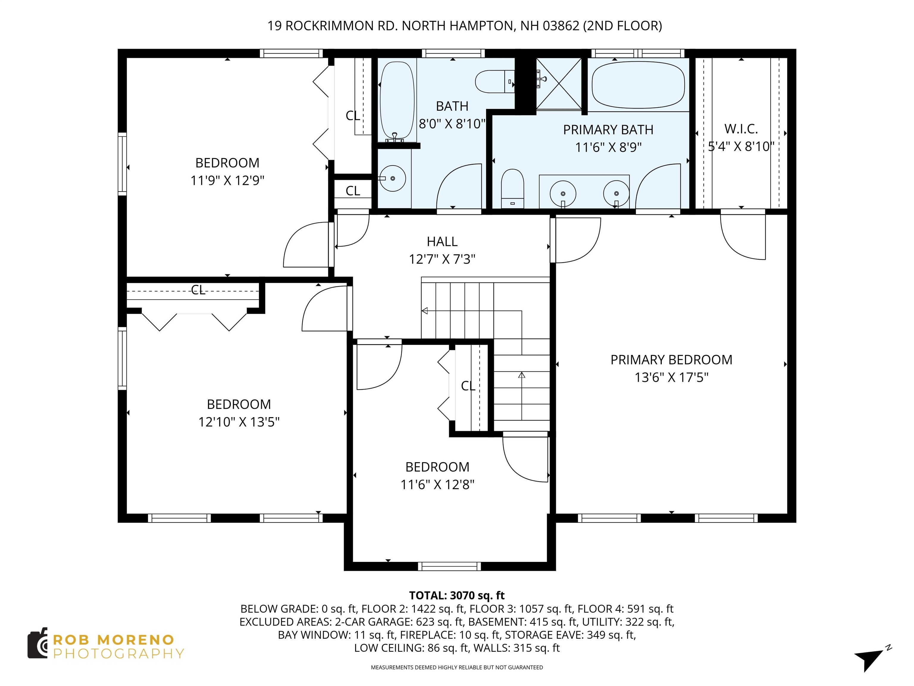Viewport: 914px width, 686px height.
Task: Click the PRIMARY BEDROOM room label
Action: (671, 360)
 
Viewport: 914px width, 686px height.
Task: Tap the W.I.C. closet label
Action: (741, 129)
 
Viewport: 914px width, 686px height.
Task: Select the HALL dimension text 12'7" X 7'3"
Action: (442, 259)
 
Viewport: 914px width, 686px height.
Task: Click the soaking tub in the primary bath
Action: (638, 85)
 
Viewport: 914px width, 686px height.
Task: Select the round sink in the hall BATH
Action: (392, 178)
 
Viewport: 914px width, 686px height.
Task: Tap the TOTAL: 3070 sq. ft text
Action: (457, 595)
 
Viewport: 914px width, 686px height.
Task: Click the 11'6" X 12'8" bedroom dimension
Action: (437, 485)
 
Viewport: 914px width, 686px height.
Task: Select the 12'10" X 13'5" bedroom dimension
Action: (239, 422)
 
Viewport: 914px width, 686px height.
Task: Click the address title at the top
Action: (464, 26)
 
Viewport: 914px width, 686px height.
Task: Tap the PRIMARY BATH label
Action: (608, 130)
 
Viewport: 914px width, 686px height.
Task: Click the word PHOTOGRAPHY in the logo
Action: (119, 654)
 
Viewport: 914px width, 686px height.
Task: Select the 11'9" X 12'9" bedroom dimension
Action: (227, 181)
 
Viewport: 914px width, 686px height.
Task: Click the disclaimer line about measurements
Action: (457, 668)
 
